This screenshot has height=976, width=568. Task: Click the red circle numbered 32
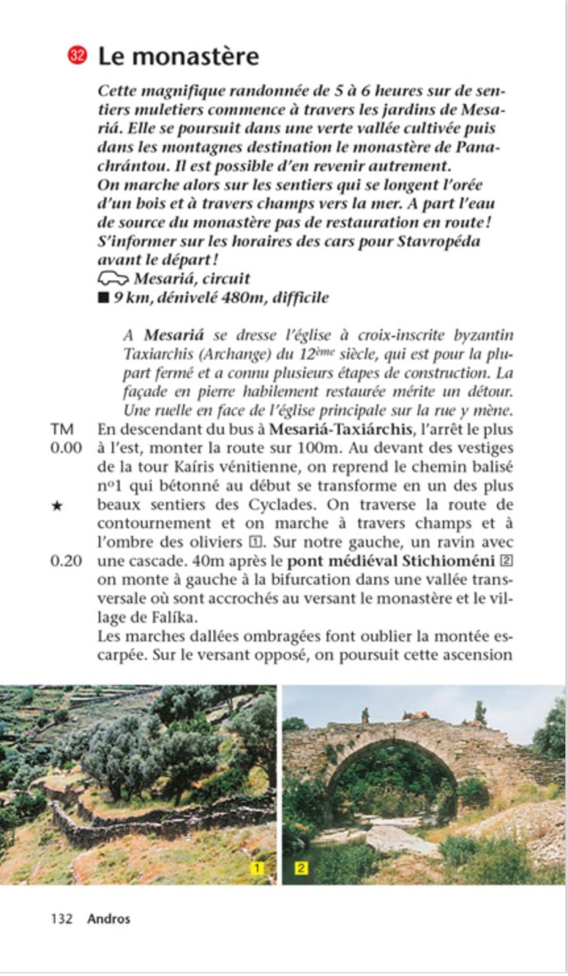tap(77, 56)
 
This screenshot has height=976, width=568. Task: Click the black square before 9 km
tap(103, 298)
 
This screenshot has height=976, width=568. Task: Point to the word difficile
tap(298, 298)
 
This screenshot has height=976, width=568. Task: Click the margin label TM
tap(61, 430)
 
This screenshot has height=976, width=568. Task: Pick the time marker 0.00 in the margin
tap(66, 448)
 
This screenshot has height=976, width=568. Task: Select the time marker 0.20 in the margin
tap(66, 562)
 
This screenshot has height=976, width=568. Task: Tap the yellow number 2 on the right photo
tap(300, 869)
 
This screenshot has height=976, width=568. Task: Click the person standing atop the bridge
tap(365, 715)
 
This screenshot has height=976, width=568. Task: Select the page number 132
tap(61, 919)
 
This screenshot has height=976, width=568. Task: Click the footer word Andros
tap(109, 919)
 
